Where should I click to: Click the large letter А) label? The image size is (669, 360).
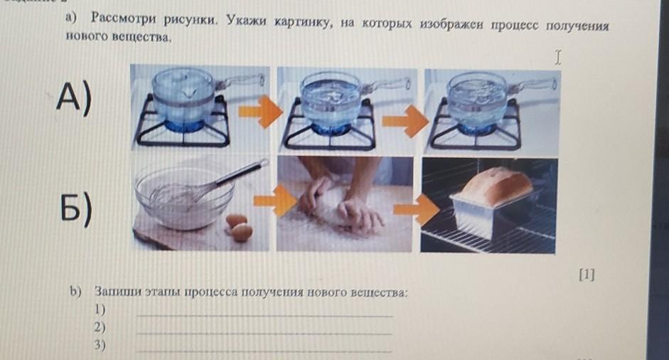(73, 99)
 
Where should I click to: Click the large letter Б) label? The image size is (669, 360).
(75, 207)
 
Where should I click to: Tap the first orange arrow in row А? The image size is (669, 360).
(260, 112)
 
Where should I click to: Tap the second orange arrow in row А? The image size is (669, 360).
(405, 121)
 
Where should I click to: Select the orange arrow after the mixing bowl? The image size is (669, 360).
(275, 199)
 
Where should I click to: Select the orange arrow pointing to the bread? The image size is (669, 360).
(416, 209)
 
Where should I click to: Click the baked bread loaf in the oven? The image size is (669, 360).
(497, 187)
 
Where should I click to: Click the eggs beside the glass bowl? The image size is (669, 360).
(239, 227)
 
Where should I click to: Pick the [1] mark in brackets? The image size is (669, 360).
(587, 275)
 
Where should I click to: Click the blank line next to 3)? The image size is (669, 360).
(264, 351)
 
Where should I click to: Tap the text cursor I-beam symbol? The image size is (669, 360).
(557, 57)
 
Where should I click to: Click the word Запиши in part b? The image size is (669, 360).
(118, 292)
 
